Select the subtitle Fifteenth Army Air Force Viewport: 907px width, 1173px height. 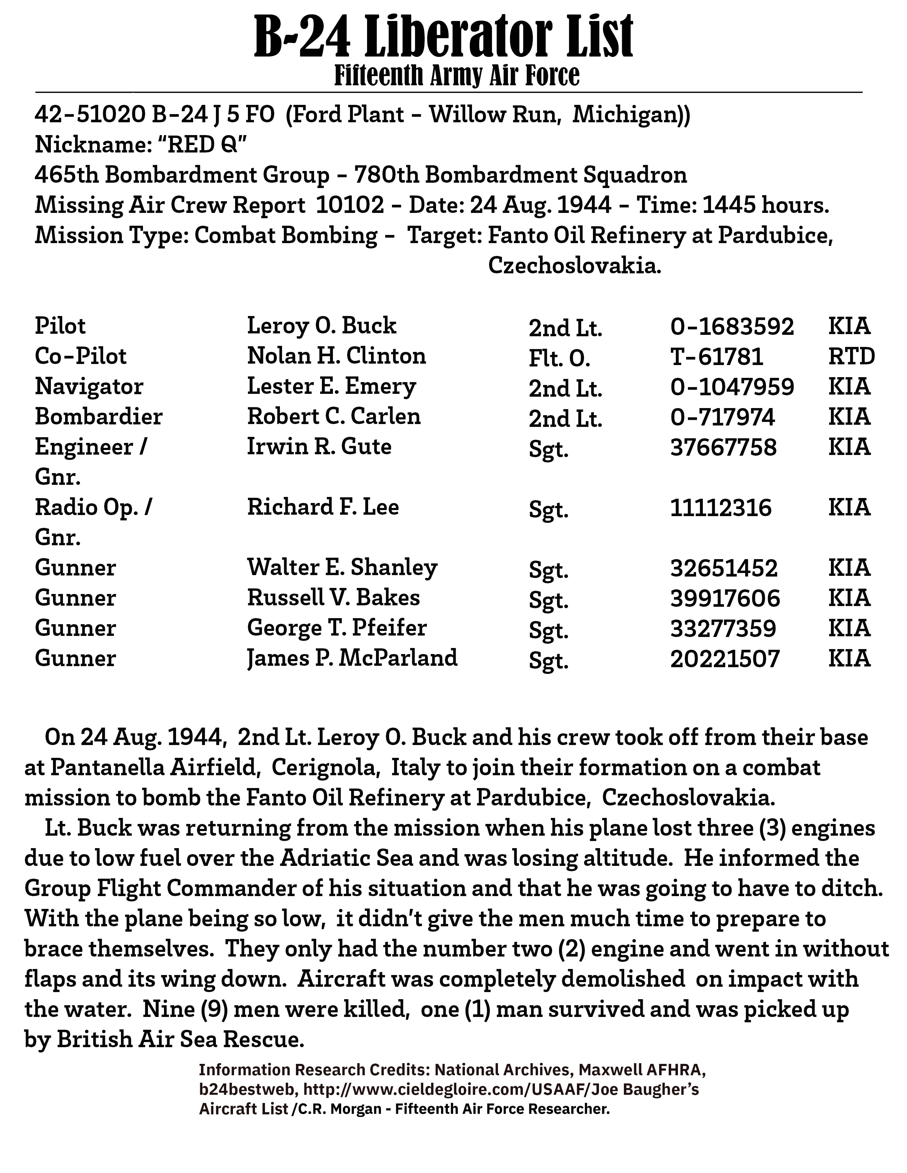(x=457, y=76)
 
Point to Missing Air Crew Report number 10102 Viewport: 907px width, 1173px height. (x=350, y=205)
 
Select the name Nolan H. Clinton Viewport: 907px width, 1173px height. (x=336, y=356)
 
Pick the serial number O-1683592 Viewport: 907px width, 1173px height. (x=732, y=327)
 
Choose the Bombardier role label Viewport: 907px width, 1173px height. (x=98, y=417)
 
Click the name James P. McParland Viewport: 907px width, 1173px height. (x=352, y=658)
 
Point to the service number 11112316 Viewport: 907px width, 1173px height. (x=721, y=508)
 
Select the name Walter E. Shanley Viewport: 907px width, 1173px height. (x=342, y=568)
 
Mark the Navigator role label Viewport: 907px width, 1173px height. (x=89, y=387)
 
